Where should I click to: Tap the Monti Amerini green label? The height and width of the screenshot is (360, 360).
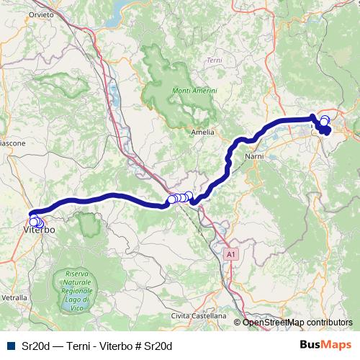coord(192,91)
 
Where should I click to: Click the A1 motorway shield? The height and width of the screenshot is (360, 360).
coord(230,254)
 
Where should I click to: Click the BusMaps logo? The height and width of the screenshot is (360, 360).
coord(325,346)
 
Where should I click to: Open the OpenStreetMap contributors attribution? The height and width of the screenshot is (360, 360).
coord(297,323)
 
